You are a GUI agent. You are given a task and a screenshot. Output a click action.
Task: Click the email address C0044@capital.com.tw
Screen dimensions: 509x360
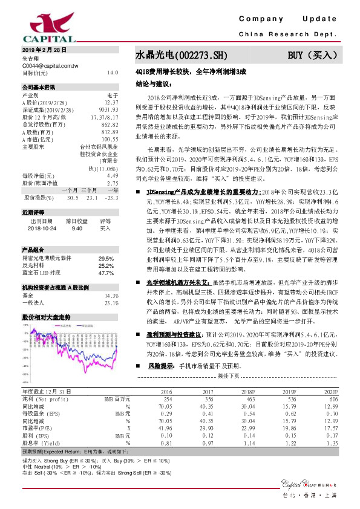click(50, 65)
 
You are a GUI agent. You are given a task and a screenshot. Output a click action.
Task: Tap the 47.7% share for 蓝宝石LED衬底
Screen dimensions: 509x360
click(106, 273)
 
